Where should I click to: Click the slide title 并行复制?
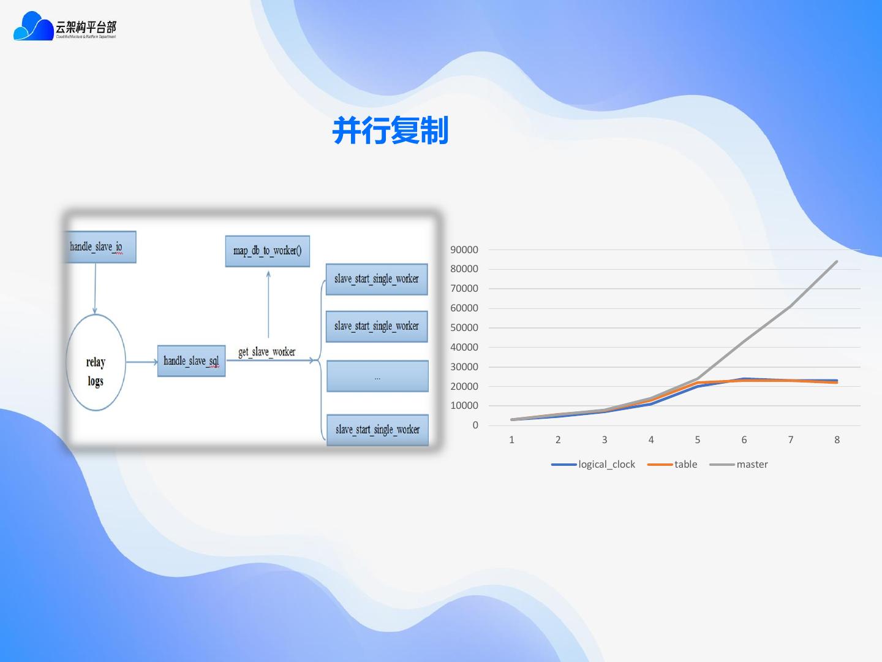(390, 131)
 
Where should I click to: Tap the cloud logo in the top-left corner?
(34, 26)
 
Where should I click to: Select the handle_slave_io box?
(100, 247)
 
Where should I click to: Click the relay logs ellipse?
(96, 363)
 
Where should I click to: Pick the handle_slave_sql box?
(191, 361)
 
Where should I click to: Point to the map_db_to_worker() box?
(268, 251)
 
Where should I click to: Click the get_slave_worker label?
(266, 352)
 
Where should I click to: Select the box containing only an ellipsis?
(377, 376)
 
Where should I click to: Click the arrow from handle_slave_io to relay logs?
(95, 288)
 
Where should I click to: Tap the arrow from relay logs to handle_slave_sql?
(141, 362)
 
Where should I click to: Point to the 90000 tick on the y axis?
(464, 249)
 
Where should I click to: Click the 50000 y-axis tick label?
(464, 327)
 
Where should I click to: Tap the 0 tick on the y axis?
(475, 425)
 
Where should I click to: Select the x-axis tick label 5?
(698, 439)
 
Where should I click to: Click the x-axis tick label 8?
(837, 439)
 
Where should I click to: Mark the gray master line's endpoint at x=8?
(837, 262)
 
